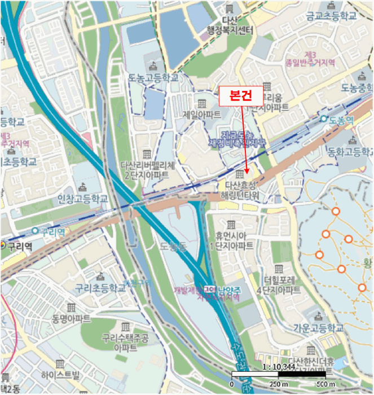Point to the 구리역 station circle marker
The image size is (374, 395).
36,231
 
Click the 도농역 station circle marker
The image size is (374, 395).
324,119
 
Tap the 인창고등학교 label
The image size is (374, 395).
83,199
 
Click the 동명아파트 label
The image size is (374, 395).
72,319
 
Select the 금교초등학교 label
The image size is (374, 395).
332,16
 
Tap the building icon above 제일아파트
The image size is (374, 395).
201,103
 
